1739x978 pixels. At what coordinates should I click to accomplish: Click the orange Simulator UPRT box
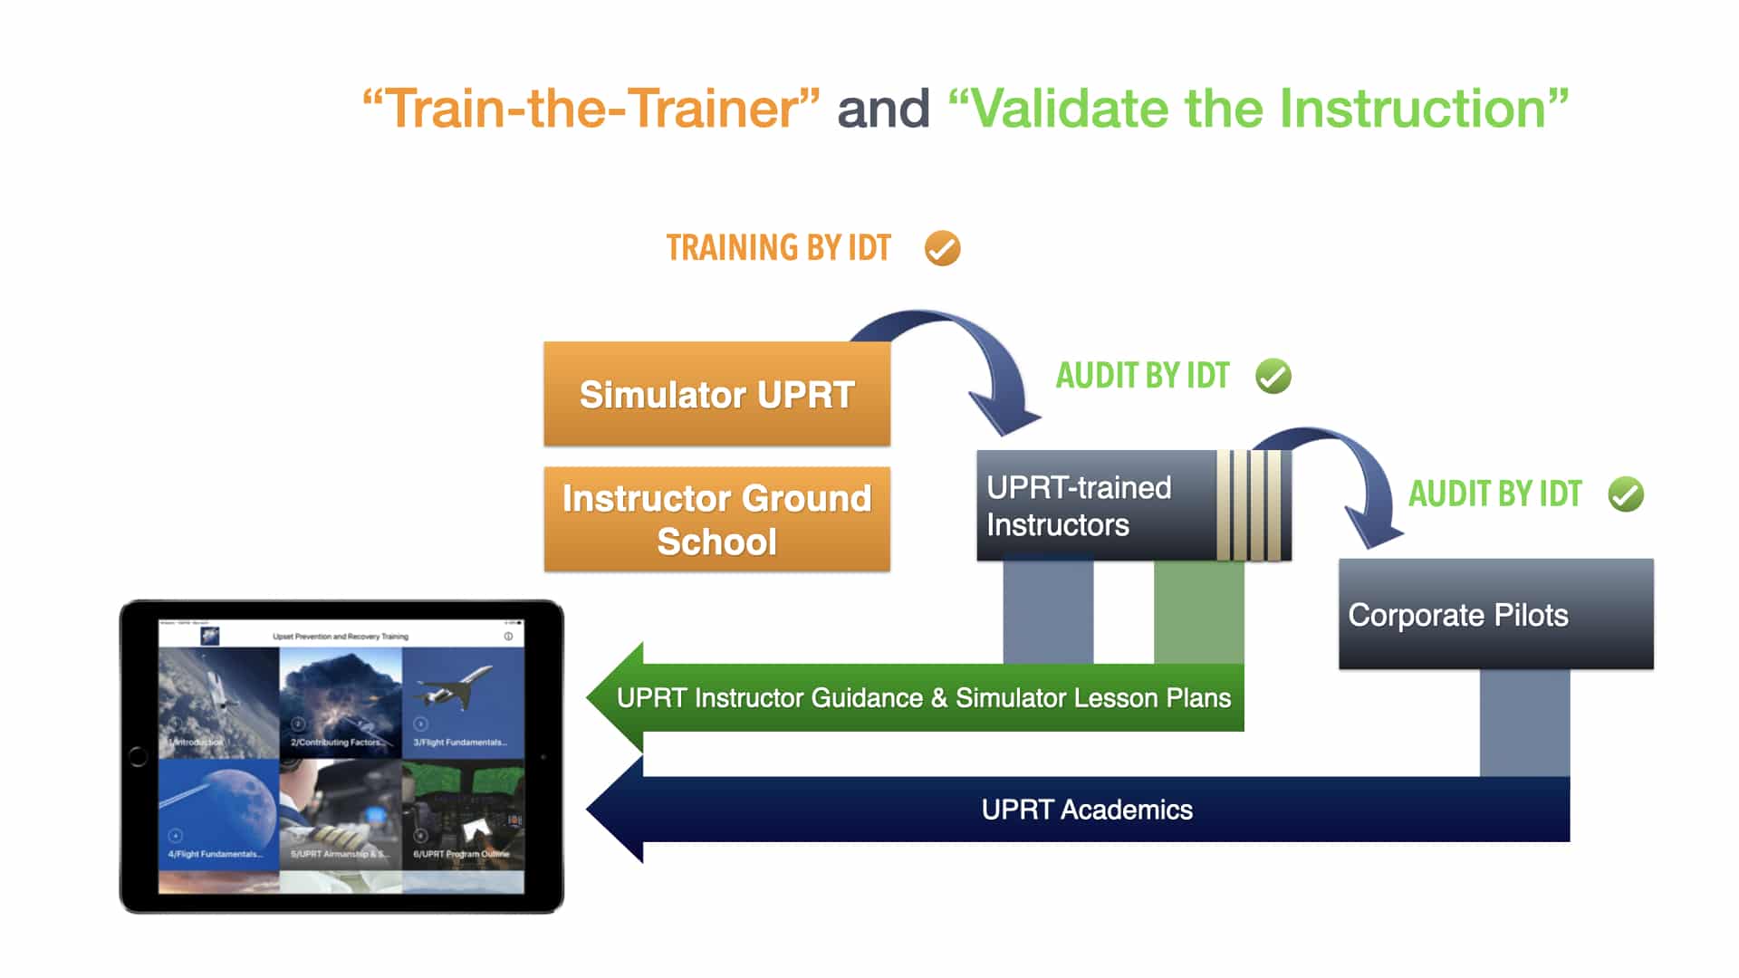click(716, 394)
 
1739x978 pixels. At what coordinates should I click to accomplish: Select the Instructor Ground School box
click(716, 519)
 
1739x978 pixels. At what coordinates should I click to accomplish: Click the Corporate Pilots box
click(1495, 615)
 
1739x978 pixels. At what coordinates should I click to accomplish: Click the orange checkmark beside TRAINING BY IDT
click(942, 248)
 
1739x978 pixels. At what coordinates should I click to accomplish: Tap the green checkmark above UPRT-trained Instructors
click(1273, 376)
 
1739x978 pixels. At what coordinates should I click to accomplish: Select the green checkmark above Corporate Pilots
click(1625, 494)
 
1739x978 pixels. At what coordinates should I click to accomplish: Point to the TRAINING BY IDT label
click(779, 248)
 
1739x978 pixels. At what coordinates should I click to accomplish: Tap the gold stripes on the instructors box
click(1250, 506)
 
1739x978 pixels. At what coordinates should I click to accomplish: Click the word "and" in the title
click(883, 109)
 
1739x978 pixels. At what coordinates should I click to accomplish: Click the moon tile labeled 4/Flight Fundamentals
click(218, 813)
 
